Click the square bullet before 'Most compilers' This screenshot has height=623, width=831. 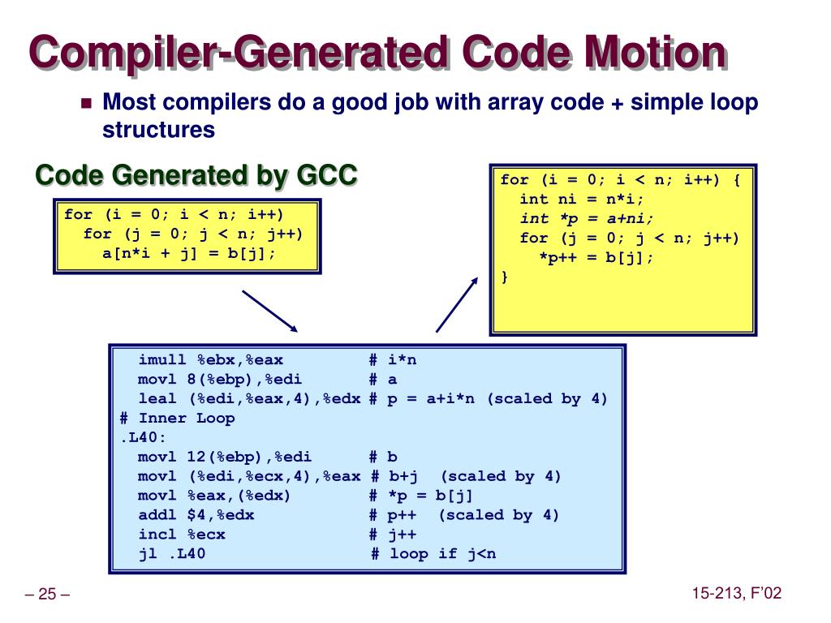tap(87, 104)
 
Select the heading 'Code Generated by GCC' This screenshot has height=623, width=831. tap(196, 174)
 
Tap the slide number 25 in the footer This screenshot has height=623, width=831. tap(47, 595)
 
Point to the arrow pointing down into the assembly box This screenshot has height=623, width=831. tap(270, 311)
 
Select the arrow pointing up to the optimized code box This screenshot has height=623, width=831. tap(458, 303)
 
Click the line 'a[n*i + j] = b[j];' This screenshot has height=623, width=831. tap(188, 252)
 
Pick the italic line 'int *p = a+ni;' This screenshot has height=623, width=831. tap(586, 218)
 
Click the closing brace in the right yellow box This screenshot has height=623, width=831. tap(505, 277)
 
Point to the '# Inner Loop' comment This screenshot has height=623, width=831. tap(177, 418)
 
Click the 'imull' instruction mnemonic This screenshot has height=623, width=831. tap(162, 359)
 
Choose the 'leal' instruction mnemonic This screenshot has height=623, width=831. tap(157, 398)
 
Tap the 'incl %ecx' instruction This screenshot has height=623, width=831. tap(182, 535)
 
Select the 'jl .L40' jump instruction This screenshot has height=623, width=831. tap(172, 554)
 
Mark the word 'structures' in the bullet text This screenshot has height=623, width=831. tap(158, 129)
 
